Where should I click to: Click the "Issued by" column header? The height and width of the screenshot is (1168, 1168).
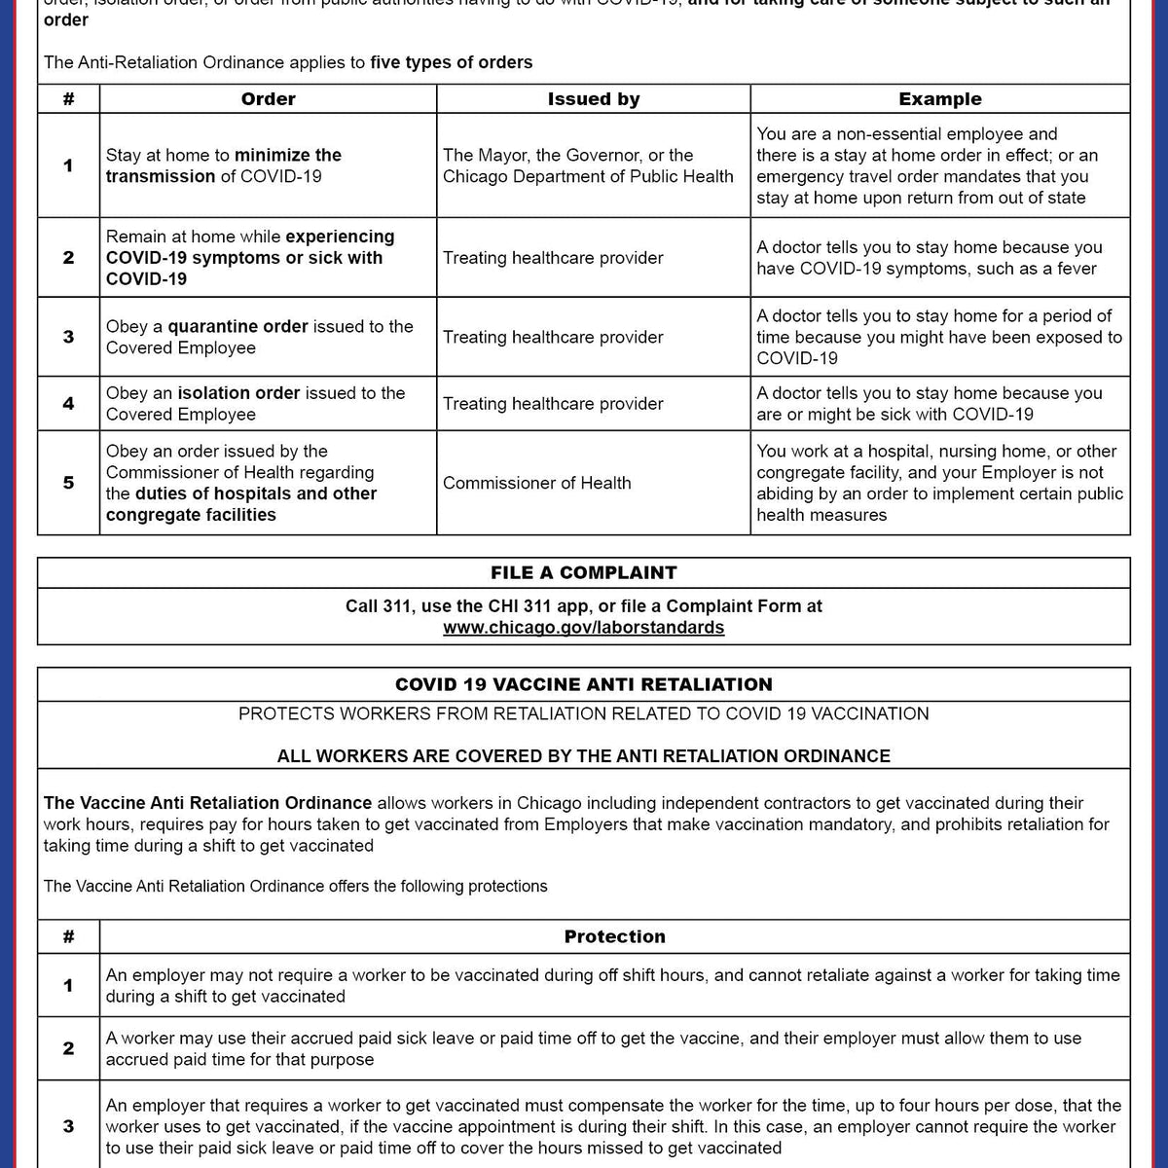(x=593, y=99)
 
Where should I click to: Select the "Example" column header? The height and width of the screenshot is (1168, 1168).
(x=939, y=99)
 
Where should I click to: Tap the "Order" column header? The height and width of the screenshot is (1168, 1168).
(x=268, y=99)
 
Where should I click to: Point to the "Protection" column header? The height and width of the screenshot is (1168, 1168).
(x=614, y=936)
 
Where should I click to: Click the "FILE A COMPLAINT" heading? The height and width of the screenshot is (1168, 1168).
(x=583, y=572)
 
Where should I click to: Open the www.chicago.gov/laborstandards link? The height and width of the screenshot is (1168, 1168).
(x=583, y=628)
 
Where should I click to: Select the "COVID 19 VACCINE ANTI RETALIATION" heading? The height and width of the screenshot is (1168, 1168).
(x=583, y=684)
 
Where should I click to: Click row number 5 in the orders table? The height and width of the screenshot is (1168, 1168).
(x=68, y=483)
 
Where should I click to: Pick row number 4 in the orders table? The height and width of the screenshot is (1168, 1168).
(x=68, y=403)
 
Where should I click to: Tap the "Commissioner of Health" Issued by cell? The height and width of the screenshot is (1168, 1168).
(x=536, y=483)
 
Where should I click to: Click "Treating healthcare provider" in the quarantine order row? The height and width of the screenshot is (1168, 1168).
(x=553, y=337)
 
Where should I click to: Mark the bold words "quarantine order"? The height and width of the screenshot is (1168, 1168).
(x=237, y=327)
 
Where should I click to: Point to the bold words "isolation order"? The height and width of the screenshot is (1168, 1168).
(x=238, y=393)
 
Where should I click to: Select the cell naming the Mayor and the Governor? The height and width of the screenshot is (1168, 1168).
(x=588, y=165)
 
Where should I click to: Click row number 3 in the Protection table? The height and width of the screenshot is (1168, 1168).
(x=68, y=1126)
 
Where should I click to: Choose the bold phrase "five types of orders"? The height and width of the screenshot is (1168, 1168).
(x=451, y=62)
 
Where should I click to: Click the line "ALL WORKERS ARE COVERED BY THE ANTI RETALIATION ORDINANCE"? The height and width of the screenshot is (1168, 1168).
(x=583, y=756)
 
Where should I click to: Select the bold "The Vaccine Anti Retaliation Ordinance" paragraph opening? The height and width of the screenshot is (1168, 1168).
(x=207, y=803)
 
